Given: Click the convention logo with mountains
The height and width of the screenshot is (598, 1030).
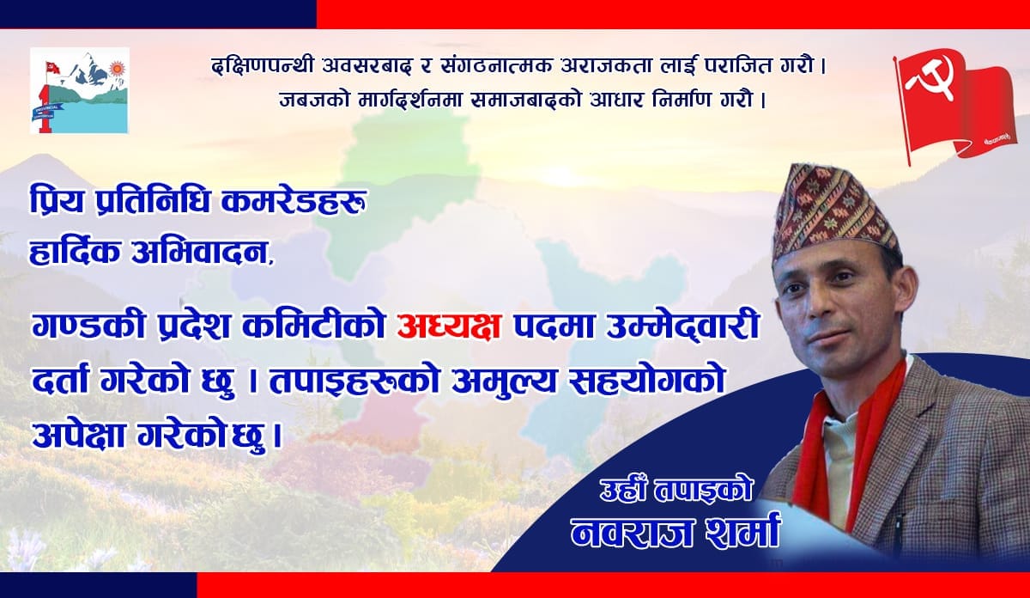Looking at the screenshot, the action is point(80,91).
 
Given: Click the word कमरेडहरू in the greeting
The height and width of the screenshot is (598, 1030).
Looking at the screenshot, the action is point(294,204).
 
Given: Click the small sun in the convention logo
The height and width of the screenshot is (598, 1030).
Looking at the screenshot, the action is point(118,69).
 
